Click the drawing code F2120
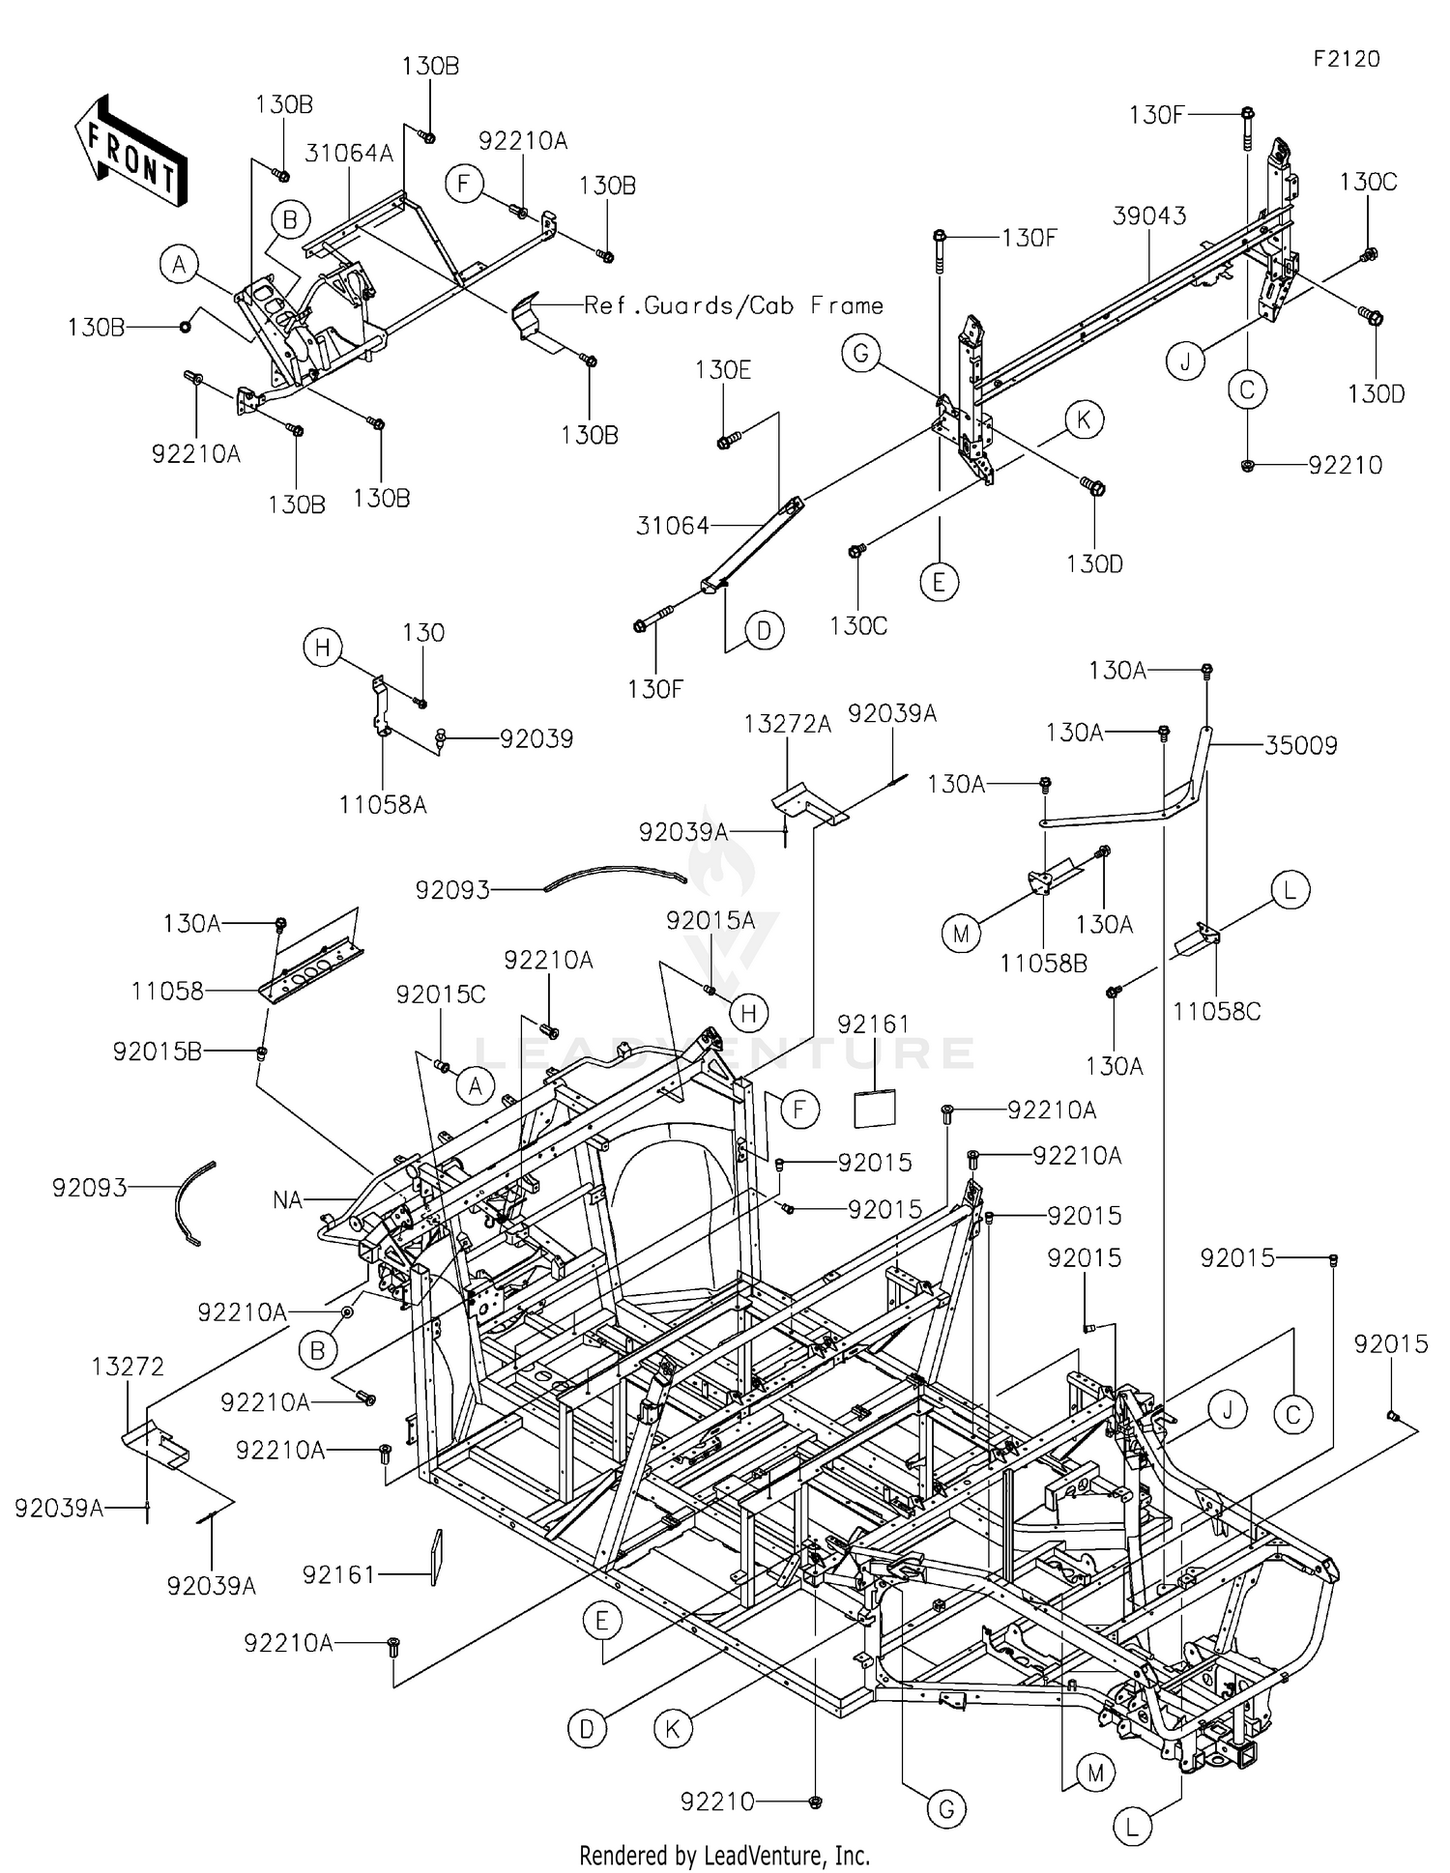tap(1347, 59)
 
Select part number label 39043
tap(1148, 216)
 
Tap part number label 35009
tap(1301, 745)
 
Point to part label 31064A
tap(349, 153)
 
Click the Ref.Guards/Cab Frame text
tap(734, 305)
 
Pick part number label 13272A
tap(788, 725)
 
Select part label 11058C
tap(1217, 1011)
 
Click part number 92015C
tap(441, 994)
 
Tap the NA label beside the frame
tap(288, 1200)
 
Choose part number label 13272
tap(128, 1367)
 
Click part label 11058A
tap(383, 804)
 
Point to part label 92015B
tap(158, 1052)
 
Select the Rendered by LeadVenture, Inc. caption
tap(725, 1855)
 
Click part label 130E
tap(723, 370)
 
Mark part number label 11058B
tap(1044, 963)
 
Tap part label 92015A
tap(710, 921)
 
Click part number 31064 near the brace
tap(673, 526)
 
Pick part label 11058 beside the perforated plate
tap(167, 991)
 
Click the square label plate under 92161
tap(874, 1109)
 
